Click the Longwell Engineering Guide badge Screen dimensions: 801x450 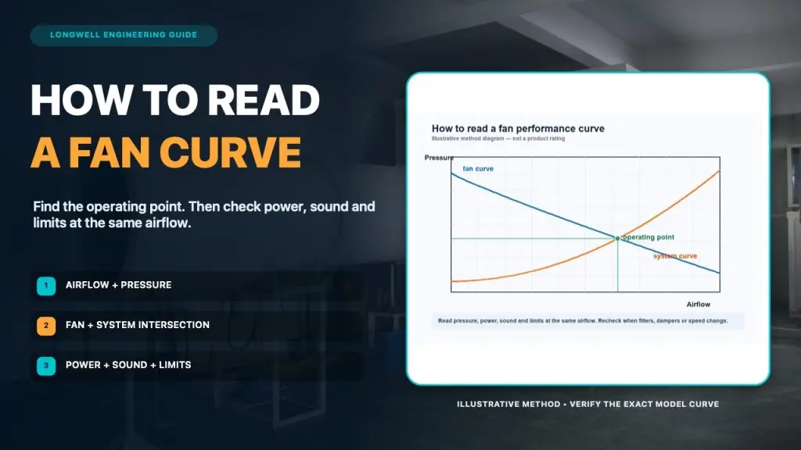coord(124,35)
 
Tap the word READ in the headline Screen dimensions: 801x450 coord(264,100)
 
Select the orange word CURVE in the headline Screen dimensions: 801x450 coord(231,152)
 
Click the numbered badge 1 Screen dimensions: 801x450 coord(46,286)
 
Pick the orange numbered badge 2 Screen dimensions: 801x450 coord(46,326)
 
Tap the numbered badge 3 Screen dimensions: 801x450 coord(46,366)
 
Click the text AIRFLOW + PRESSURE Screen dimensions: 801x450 coord(119,285)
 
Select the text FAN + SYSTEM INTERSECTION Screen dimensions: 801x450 coord(138,325)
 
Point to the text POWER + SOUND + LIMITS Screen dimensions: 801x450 coord(128,365)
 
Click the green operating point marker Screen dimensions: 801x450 coord(618,238)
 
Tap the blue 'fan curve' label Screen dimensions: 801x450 coord(478,169)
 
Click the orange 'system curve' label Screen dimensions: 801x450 coord(675,256)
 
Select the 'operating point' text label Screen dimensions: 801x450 coord(648,237)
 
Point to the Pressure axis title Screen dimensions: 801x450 coord(439,158)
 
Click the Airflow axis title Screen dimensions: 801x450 coord(699,305)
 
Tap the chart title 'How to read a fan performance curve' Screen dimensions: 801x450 coord(518,129)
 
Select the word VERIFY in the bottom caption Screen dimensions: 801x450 coord(585,404)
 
